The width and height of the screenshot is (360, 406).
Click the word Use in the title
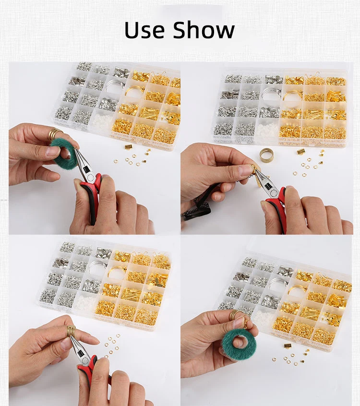pyautogui.click(x=144, y=30)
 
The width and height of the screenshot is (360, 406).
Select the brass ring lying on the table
pyautogui.click(x=266, y=154)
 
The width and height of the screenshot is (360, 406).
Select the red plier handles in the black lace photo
pyautogui.click(x=277, y=207)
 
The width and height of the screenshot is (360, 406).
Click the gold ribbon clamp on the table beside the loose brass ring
pyautogui.click(x=300, y=151)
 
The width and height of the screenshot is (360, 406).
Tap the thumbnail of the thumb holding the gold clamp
pyautogui.click(x=243, y=170)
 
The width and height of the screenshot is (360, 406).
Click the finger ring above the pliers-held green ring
pyautogui.click(x=55, y=134)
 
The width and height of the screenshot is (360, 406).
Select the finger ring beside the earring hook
pyautogui.click(x=234, y=315)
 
